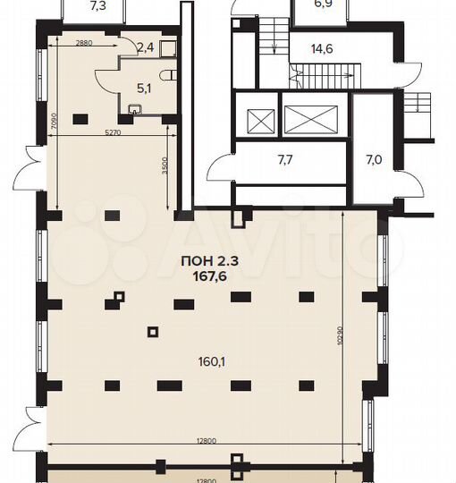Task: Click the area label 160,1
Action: (211, 362)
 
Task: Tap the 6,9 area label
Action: (322, 5)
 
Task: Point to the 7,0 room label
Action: (373, 161)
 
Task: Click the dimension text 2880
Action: (83, 43)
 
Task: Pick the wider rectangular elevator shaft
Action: (312, 117)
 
